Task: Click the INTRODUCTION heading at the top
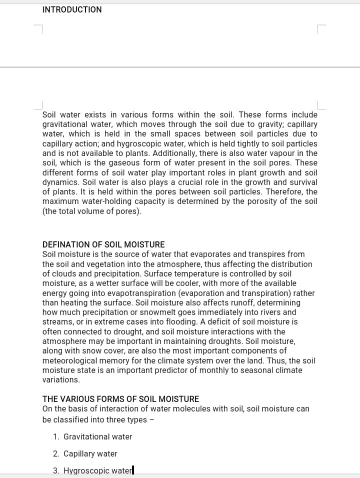(72, 9)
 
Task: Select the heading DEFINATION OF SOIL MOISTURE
(103, 244)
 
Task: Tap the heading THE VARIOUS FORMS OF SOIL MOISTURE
(120, 399)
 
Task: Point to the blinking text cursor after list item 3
(133, 470)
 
